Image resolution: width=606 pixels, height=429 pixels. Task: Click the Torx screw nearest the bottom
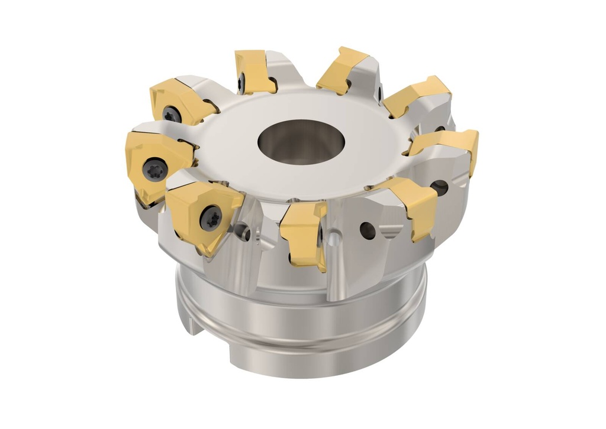coord(211,218)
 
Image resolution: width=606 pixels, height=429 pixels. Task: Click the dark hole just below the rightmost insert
coord(439,188)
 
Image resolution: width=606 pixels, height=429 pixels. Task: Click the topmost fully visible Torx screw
coord(172,114)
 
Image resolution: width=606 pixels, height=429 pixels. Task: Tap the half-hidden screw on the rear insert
coord(241,83)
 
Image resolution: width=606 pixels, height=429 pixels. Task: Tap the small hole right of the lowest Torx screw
coord(240,231)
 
